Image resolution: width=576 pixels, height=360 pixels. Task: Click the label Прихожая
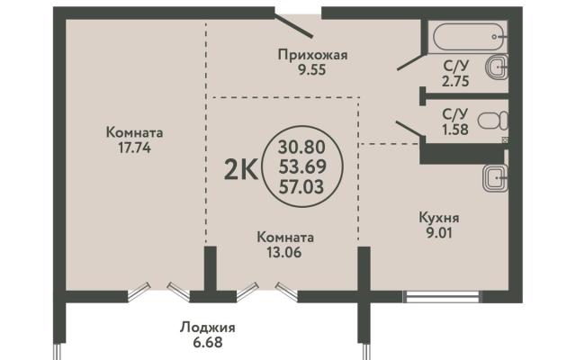[312, 55]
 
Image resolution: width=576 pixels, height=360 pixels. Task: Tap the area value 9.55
[312, 69]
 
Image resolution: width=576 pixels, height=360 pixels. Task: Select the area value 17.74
[134, 148]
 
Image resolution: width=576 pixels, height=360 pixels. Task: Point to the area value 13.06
[284, 252]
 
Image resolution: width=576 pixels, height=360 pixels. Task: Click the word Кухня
[439, 218]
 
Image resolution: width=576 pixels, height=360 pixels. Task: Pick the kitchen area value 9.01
[439, 232]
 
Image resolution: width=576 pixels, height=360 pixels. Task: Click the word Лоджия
[208, 328]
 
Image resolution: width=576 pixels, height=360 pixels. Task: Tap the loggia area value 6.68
[208, 342]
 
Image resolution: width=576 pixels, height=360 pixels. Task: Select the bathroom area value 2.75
[455, 81]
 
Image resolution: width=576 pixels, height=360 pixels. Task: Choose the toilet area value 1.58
[455, 130]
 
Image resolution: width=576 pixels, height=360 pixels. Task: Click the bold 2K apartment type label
[241, 171]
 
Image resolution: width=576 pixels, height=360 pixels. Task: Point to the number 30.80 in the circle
[301, 148]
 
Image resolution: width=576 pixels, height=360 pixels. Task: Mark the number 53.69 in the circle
[302, 167]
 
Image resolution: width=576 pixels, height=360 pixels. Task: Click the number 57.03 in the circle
[301, 187]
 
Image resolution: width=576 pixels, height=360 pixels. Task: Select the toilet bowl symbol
[493, 121]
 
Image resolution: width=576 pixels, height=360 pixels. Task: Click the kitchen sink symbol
[495, 178]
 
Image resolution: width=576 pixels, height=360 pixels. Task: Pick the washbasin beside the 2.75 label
[498, 67]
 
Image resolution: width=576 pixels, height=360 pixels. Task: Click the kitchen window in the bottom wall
[442, 297]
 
